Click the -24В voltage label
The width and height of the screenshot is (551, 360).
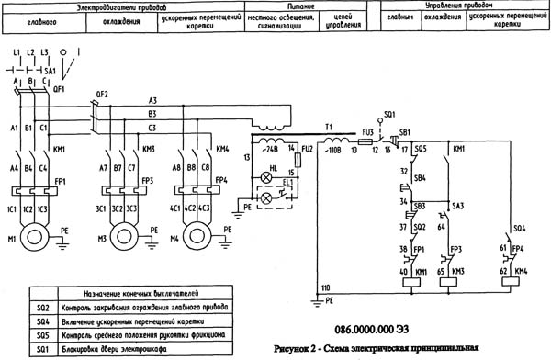[x=271, y=147]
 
